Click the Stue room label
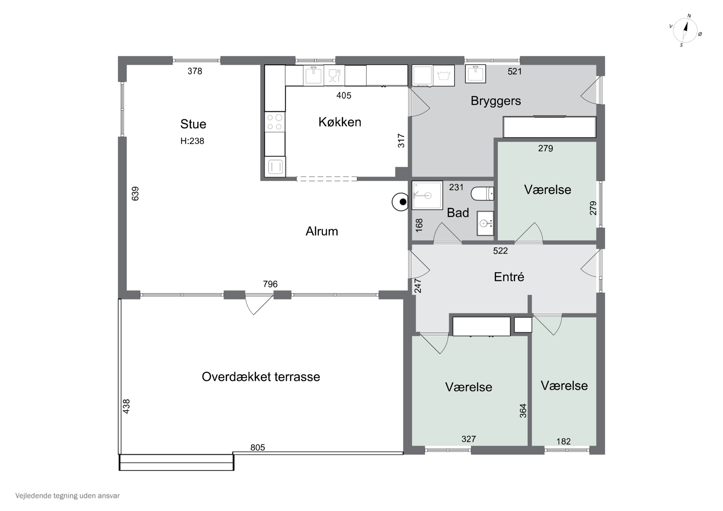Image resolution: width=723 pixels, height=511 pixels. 193,124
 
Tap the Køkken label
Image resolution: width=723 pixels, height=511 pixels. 340,122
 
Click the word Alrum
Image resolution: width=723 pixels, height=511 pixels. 322,232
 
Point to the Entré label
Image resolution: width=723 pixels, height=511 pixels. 509,277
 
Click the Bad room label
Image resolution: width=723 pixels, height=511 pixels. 458,213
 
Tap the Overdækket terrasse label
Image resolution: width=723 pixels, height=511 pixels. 261,377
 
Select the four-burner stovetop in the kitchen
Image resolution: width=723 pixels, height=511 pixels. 274,122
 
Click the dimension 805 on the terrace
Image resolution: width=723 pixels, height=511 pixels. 258,447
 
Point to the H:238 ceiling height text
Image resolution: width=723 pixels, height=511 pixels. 192,141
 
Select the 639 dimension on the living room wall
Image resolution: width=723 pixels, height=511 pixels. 135,194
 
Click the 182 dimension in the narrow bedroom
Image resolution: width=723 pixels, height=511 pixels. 563,441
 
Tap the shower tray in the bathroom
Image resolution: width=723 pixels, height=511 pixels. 427,195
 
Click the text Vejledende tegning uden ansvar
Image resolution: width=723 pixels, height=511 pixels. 67,496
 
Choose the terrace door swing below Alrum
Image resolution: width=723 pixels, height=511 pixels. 259,305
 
